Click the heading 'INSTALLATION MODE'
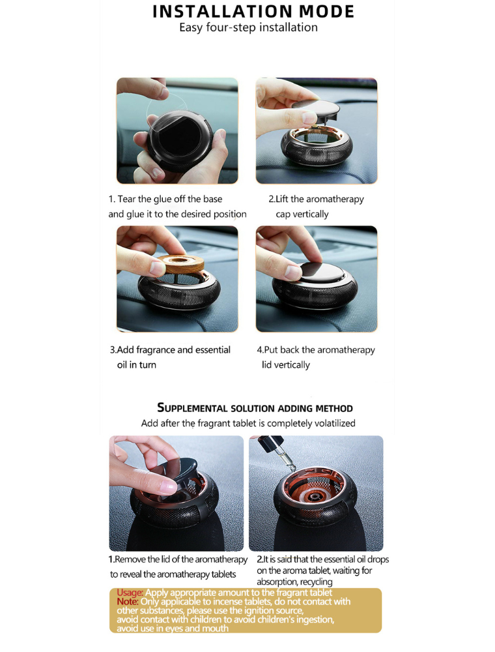click(253, 11)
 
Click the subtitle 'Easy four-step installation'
click(248, 27)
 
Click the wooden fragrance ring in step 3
click(181, 263)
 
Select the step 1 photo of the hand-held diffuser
click(177, 130)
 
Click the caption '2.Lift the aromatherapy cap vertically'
click(316, 207)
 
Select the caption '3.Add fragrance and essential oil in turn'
click(170, 357)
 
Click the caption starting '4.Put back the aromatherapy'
click(316, 357)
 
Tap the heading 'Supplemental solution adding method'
click(255, 407)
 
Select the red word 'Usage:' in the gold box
click(130, 593)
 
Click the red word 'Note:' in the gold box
click(128, 602)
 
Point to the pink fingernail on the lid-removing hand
click(169, 486)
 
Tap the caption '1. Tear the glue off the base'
click(165, 199)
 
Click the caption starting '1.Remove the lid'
click(178, 567)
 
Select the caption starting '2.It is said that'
click(322, 570)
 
